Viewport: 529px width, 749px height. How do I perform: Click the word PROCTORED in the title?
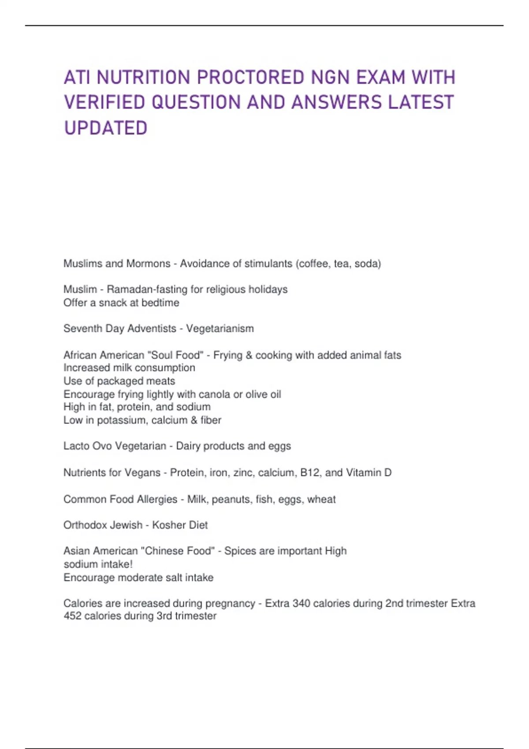[x=250, y=78]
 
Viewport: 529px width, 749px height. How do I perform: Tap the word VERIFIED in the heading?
[x=104, y=103]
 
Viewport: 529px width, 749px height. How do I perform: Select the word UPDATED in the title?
[x=106, y=128]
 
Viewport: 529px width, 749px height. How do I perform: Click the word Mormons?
[x=148, y=263]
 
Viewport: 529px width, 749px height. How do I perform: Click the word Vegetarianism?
[x=220, y=329]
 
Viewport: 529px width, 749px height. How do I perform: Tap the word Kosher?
[x=167, y=525]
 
